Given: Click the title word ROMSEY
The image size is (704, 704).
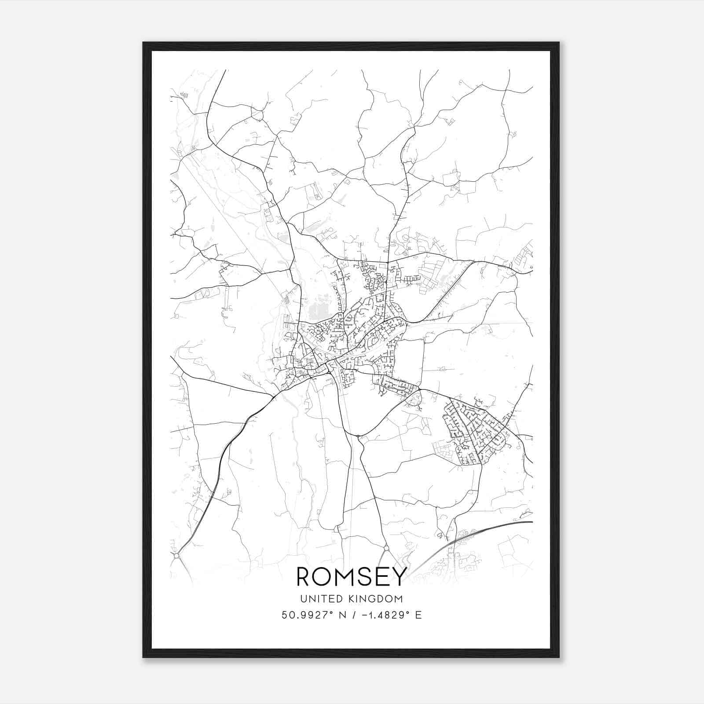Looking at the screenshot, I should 350,576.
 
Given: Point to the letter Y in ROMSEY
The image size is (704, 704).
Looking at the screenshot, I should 396,576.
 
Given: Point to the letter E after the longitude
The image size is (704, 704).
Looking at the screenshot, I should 418,615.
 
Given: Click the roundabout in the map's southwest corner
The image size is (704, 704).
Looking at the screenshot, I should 176,556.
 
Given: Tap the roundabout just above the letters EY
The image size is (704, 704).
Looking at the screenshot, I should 386,548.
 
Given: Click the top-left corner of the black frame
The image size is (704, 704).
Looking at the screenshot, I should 143,43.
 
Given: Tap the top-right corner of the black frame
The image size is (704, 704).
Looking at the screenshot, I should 559,43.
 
